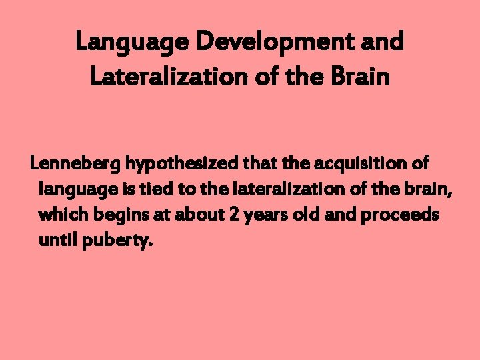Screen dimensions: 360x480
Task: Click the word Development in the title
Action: (279, 42)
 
